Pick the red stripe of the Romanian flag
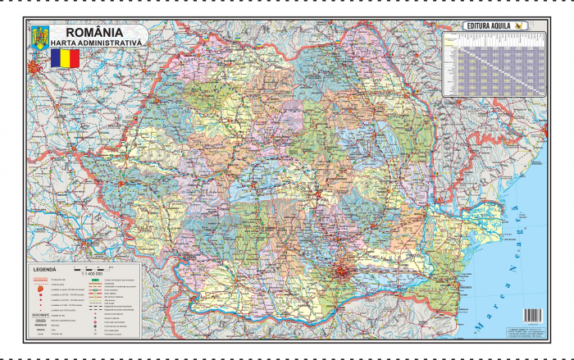point(75,58)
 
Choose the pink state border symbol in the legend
point(41,280)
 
